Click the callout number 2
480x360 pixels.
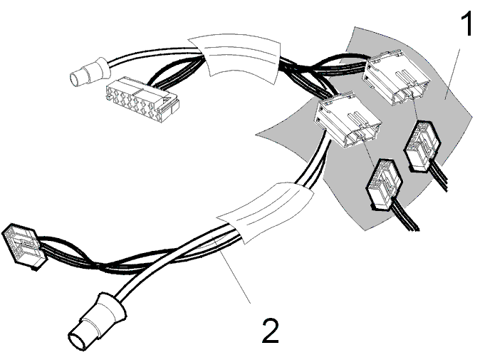coord(271,331)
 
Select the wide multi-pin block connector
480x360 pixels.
coord(142,100)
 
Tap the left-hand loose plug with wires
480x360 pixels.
coord(385,185)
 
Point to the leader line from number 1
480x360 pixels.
coord(452,74)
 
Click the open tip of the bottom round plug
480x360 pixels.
coord(77,341)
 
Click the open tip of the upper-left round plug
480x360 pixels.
coord(74,79)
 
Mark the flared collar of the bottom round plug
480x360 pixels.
coord(112,308)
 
